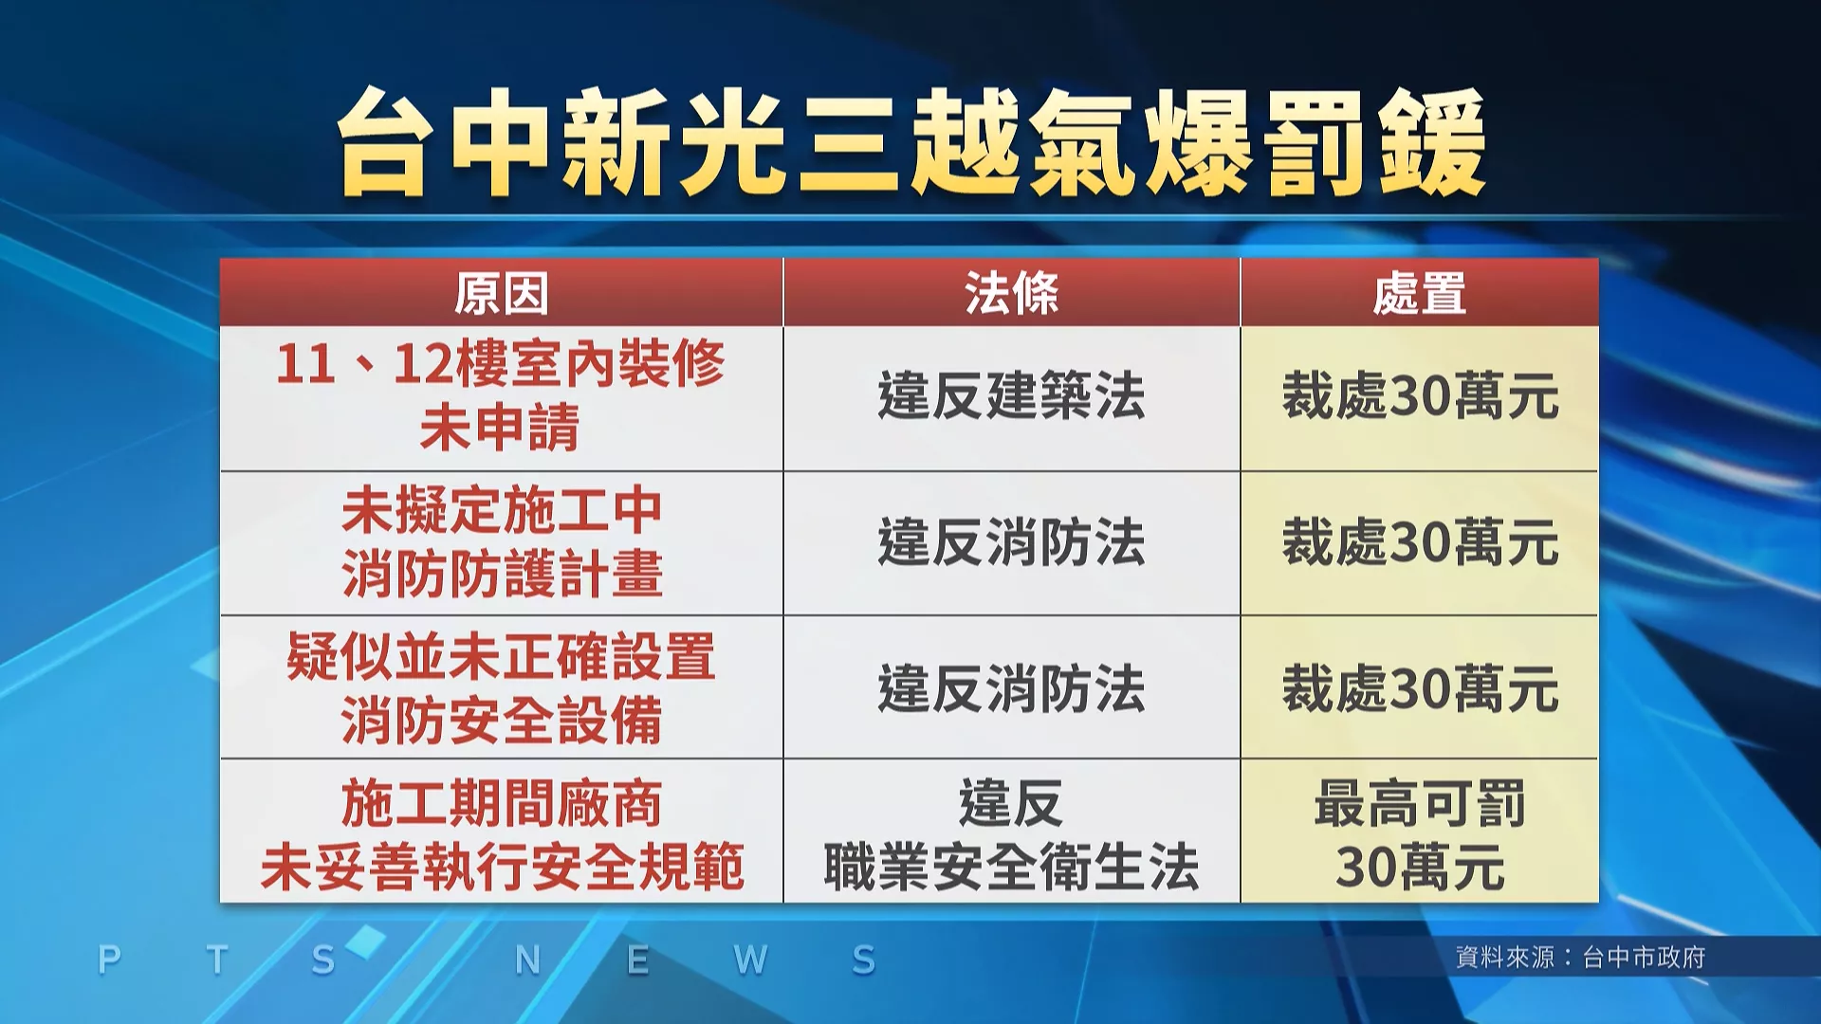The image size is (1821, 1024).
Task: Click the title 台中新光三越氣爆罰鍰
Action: [911, 142]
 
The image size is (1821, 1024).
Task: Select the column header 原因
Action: [501, 293]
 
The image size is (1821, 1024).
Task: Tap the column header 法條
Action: [1011, 293]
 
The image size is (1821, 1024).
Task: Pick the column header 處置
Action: [1419, 293]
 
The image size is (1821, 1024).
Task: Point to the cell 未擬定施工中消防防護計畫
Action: [501, 542]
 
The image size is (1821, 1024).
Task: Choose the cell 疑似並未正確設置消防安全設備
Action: [501, 688]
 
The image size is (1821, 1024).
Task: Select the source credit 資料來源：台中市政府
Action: [1580, 958]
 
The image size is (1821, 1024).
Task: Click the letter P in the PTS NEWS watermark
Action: [109, 960]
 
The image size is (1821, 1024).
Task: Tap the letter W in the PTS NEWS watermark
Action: [750, 960]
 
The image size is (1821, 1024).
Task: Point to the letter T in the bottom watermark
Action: [217, 960]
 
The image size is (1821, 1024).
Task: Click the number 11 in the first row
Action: [305, 364]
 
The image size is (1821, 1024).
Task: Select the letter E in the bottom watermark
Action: [637, 960]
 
